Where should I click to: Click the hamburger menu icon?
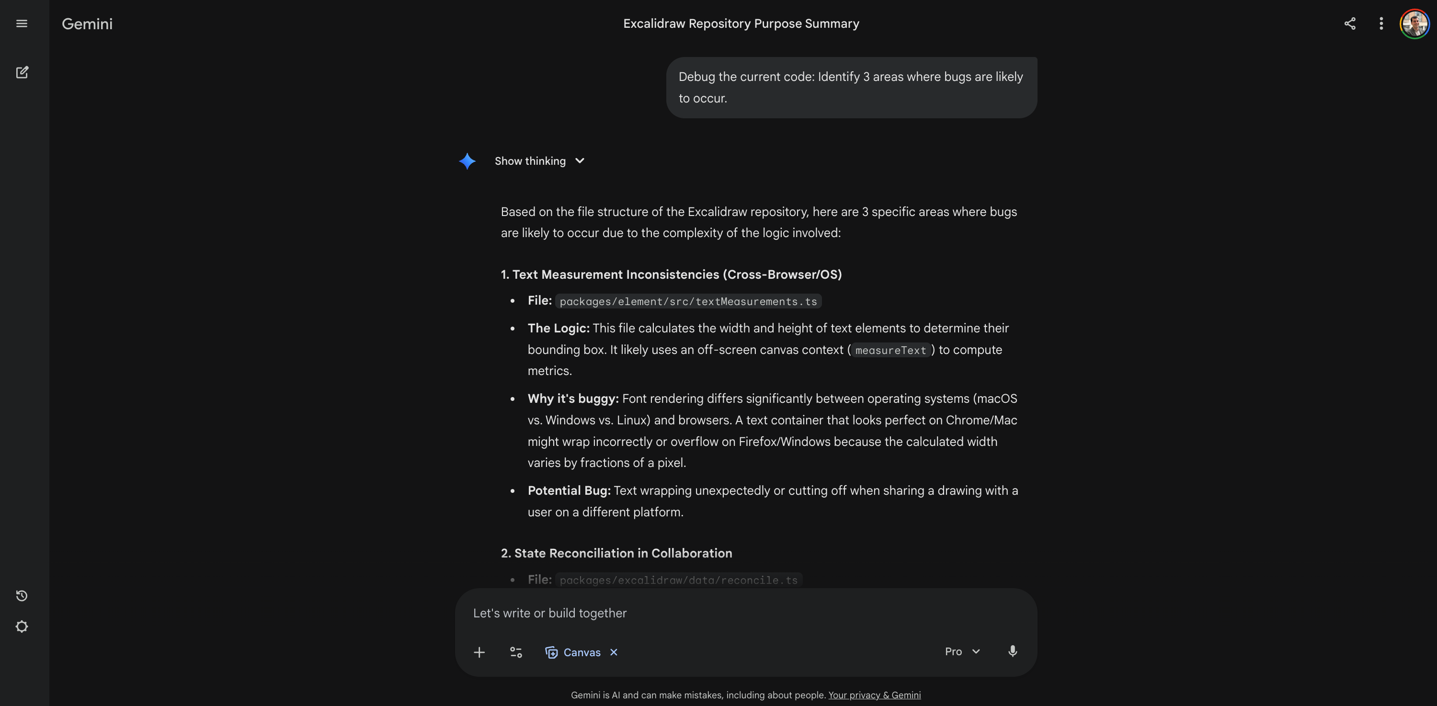point(22,23)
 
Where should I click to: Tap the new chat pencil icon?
point(22,72)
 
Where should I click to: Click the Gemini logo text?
point(87,24)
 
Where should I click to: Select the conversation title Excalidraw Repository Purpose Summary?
point(741,23)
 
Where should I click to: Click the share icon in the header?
point(1349,23)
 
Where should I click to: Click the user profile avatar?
point(1414,23)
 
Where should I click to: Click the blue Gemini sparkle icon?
point(467,161)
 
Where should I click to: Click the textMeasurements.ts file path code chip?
point(688,302)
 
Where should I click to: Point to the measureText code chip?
point(890,350)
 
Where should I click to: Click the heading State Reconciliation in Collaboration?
point(616,553)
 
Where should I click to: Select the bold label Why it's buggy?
point(573,399)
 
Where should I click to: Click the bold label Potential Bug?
point(569,491)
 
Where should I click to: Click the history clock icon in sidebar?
point(22,595)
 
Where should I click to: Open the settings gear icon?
point(22,627)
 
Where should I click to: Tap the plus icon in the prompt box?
point(479,652)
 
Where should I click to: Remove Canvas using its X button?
point(614,652)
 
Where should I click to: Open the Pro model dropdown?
point(962,652)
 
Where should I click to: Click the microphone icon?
point(1013,651)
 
